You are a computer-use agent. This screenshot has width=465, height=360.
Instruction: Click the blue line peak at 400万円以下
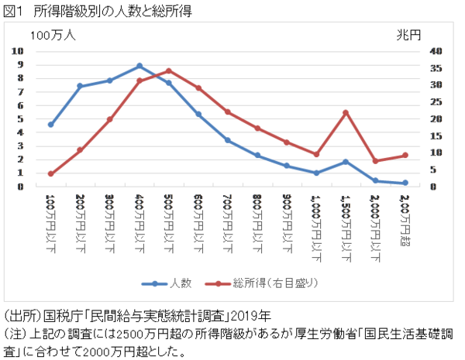[139, 66]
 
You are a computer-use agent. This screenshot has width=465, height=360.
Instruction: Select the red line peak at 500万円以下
[168, 70]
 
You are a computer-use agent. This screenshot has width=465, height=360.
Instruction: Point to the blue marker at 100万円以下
[51, 124]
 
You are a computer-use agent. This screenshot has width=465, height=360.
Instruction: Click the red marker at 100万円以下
[51, 173]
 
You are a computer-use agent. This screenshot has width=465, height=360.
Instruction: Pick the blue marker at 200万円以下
[81, 86]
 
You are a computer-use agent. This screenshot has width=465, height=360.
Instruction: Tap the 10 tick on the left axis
[17, 51]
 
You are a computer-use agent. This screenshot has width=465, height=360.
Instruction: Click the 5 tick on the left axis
[18, 119]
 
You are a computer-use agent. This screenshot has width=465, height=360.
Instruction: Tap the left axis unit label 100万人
[53, 35]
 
